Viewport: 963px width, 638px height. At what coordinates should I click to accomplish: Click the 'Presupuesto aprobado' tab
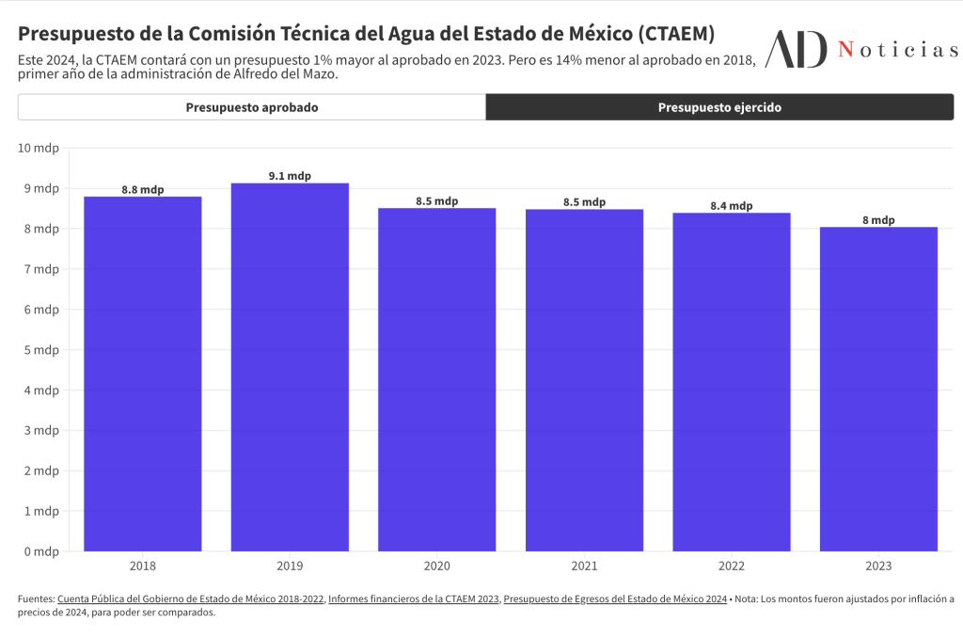pos(251,107)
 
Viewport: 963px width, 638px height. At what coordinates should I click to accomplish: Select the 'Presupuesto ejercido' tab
pos(719,107)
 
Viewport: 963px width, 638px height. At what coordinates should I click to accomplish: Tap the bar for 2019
pos(290,367)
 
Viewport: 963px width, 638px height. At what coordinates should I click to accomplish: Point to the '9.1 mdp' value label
pos(290,176)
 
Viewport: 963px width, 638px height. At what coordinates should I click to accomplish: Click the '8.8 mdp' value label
pos(143,189)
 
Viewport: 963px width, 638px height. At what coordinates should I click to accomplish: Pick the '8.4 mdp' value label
pos(732,206)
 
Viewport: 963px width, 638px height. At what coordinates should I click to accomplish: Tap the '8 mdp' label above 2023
pos(878,220)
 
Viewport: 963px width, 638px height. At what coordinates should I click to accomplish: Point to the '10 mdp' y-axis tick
pos(39,148)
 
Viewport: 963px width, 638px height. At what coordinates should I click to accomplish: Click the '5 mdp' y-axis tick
pos(41,350)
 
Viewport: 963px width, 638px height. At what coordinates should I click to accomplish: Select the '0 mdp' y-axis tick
pos(41,551)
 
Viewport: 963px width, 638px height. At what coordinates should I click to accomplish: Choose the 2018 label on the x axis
pos(143,566)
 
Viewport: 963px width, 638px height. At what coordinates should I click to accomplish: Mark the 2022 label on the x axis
pos(732,566)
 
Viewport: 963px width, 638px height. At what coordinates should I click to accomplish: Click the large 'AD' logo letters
pos(797,49)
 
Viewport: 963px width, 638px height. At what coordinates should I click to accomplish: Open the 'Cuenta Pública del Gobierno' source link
pos(189,598)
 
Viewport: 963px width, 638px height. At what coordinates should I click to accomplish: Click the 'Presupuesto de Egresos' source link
pos(615,598)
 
